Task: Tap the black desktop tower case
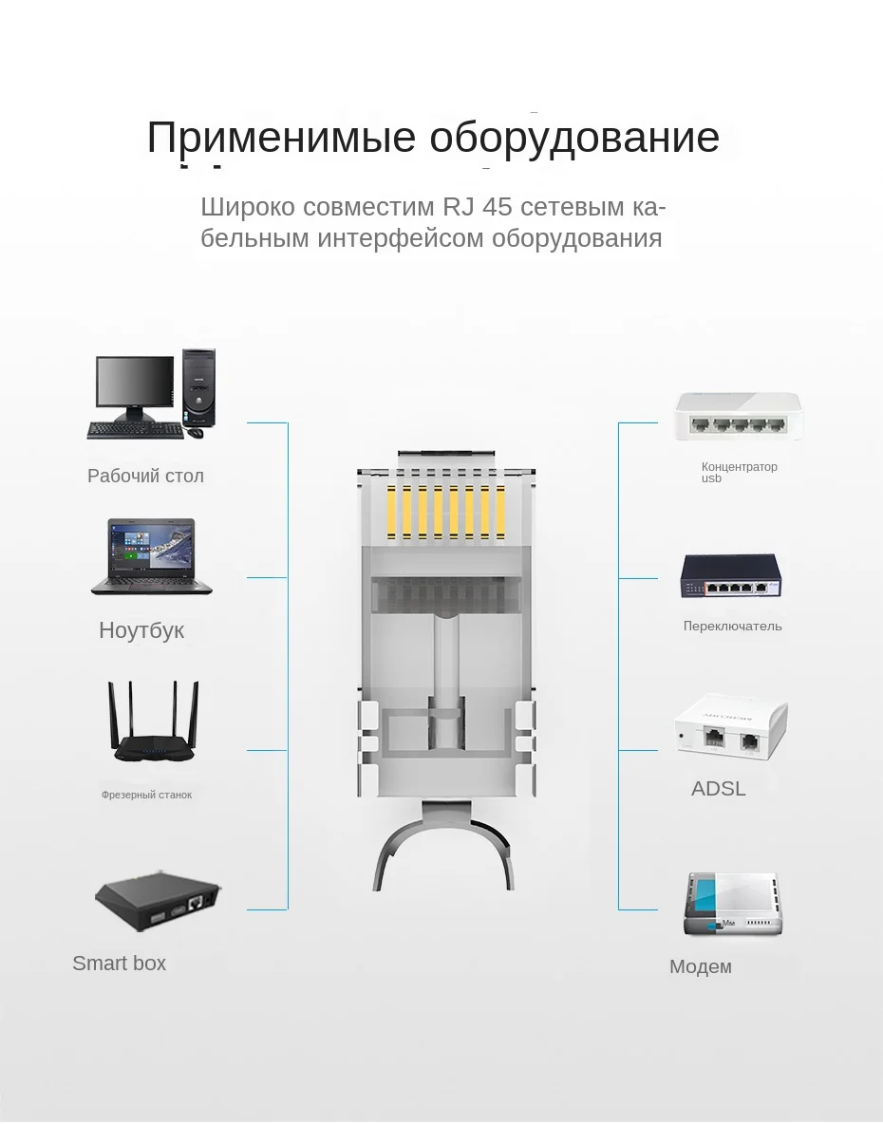pos(198,387)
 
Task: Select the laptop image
pos(151,557)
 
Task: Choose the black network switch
pos(730,575)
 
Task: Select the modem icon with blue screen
pos(732,905)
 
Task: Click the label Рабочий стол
pos(145,476)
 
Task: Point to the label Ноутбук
pos(141,630)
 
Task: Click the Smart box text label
pos(119,963)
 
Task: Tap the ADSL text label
pos(718,788)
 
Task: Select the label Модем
pos(700,966)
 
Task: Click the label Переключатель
pos(732,626)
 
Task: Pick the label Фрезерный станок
pos(146,795)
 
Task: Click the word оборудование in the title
pos(573,138)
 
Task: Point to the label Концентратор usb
pos(738,472)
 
